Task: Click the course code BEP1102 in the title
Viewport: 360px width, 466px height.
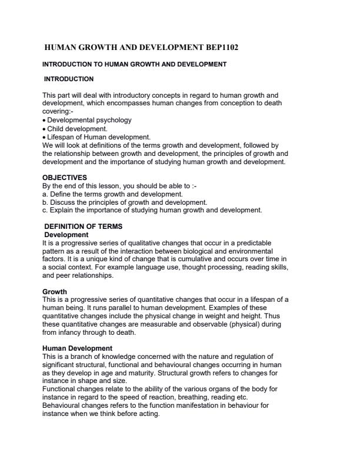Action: (x=218, y=47)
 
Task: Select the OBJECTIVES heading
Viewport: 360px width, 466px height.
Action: (x=65, y=177)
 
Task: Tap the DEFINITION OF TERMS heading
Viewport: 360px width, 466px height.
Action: (x=83, y=227)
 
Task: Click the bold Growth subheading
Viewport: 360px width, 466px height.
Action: (x=55, y=291)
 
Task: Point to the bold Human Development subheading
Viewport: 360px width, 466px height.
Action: (x=77, y=348)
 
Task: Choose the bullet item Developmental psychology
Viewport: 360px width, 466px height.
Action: (x=89, y=120)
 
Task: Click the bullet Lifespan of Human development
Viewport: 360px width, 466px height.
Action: (x=91, y=137)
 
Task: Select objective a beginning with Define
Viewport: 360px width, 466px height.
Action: (x=112, y=194)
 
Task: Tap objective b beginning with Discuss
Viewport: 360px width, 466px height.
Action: (x=124, y=202)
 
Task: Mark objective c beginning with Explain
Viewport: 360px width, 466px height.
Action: (x=152, y=209)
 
